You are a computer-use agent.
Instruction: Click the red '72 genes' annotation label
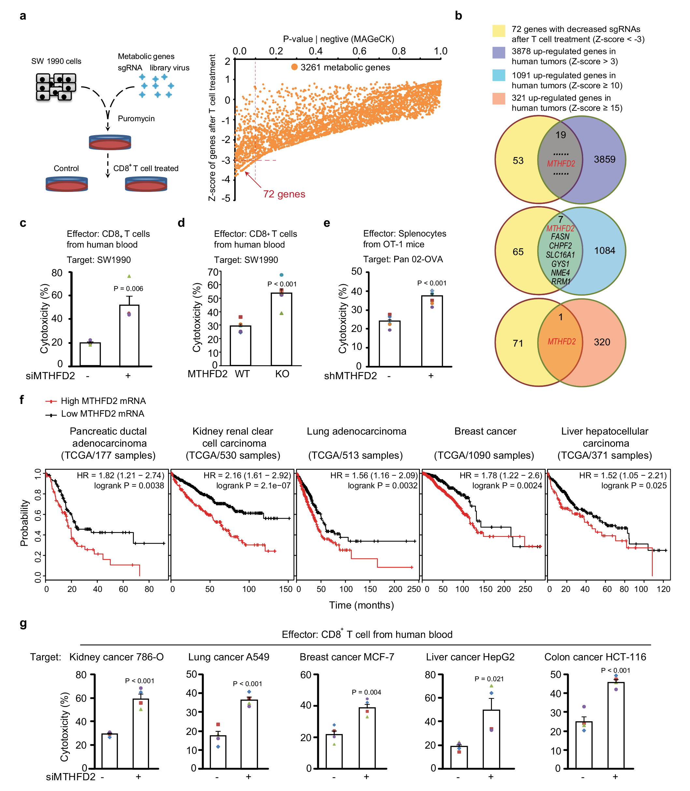pos(284,194)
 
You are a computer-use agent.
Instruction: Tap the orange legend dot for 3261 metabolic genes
pos(294,67)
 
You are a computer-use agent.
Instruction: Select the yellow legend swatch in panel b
pos(499,31)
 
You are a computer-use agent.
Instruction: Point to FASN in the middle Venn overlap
pos(560,237)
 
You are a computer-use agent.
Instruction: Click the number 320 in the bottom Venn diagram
pos(602,342)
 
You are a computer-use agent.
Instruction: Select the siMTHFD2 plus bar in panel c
pos(129,335)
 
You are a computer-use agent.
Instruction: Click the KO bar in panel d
pos(281,329)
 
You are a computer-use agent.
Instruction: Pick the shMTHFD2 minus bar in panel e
pos(389,343)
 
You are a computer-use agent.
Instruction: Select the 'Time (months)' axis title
pos(361,605)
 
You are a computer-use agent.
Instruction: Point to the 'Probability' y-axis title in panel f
pos(24,523)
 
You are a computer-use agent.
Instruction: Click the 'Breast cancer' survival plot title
pos(485,431)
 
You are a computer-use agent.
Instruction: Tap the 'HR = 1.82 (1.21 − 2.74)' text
pos(121,476)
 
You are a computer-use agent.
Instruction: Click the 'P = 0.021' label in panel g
pos(489,679)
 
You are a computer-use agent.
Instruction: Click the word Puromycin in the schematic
pos(136,119)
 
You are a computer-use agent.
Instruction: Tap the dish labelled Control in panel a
pos(66,184)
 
